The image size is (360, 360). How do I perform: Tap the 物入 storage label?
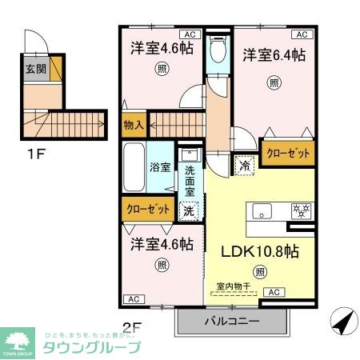click(x=134, y=125)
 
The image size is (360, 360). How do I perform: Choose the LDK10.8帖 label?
click(x=260, y=250)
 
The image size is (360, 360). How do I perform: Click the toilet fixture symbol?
click(x=216, y=52)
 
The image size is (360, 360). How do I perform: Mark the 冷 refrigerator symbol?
click(x=244, y=166)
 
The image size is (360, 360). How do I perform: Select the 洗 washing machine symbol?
click(x=189, y=211)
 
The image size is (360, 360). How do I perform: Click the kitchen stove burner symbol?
click(x=303, y=210)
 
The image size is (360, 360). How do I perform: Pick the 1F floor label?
click(x=34, y=147)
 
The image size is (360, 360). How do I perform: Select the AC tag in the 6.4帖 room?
click(x=301, y=35)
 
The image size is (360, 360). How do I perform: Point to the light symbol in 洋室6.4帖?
click(x=274, y=82)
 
